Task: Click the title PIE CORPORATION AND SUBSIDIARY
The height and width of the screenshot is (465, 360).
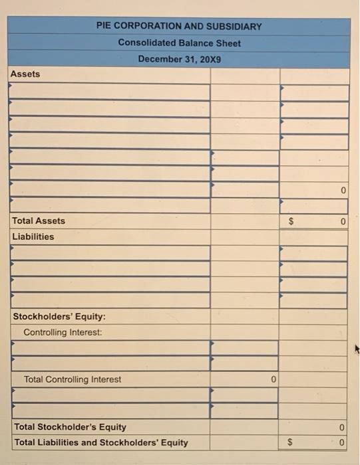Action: [179, 27]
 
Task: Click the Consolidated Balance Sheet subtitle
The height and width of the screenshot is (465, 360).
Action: [179, 43]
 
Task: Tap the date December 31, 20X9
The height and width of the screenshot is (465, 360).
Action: [179, 58]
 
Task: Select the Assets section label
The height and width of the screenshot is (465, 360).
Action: [26, 74]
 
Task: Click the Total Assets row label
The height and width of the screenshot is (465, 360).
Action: [39, 221]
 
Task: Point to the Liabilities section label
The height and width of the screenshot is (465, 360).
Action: [33, 236]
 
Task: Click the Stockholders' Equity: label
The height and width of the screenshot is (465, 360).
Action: [59, 316]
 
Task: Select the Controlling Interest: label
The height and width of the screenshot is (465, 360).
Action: [63, 332]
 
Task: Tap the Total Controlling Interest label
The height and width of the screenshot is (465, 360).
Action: [73, 379]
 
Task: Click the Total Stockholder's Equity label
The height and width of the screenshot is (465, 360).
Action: [70, 427]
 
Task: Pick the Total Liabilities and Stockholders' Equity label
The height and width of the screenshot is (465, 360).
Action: [101, 442]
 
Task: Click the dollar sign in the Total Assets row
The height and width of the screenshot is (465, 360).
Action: [290, 221]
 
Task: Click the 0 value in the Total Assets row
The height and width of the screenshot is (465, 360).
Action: [342, 221]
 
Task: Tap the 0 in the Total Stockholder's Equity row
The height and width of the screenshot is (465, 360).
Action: [342, 428]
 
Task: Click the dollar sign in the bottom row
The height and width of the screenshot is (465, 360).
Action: [290, 443]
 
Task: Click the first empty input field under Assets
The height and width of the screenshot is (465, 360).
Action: [109, 92]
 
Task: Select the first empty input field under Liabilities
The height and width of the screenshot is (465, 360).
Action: [109, 253]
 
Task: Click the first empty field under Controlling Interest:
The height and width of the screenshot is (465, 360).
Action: [109, 347]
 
